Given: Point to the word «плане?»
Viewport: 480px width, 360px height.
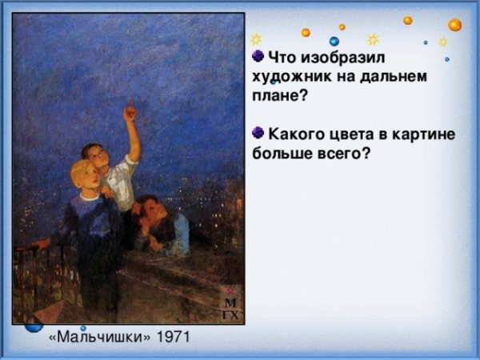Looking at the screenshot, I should pos(280,94).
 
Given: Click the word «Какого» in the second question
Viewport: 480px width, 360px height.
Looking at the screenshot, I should pos(298,133).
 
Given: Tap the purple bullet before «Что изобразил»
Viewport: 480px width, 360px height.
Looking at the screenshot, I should pos(258,56).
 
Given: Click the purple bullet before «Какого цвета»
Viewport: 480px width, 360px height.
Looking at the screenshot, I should pos(258,131).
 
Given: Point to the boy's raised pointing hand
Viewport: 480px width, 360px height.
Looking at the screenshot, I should pos(129,111).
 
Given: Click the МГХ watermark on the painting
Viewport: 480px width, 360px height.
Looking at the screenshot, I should pos(230,307).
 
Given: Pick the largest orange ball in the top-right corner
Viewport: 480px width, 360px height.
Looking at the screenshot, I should pos(454,25).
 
